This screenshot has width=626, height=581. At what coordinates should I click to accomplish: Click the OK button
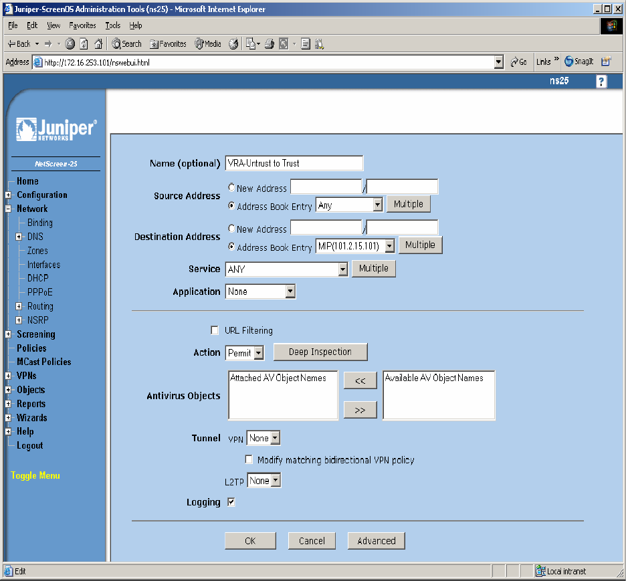click(250, 541)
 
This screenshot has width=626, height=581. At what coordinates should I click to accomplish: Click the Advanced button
click(376, 541)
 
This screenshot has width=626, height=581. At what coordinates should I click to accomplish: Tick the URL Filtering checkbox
click(215, 330)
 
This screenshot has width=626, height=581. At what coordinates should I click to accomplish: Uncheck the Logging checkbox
click(231, 502)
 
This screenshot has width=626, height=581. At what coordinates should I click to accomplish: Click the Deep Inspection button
click(320, 352)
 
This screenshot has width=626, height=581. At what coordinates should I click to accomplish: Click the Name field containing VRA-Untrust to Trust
click(294, 163)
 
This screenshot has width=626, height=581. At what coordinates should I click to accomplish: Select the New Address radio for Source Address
click(232, 189)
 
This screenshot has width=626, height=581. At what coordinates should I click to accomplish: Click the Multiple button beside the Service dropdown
click(373, 269)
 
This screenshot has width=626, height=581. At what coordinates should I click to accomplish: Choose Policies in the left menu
click(31, 348)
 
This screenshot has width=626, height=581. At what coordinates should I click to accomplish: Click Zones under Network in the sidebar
click(37, 251)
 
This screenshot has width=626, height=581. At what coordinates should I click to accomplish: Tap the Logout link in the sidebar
click(29, 445)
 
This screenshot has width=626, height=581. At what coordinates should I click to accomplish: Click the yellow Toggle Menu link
click(35, 476)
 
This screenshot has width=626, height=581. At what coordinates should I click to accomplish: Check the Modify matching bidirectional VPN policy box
click(249, 460)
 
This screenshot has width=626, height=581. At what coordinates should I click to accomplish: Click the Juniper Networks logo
click(56, 129)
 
